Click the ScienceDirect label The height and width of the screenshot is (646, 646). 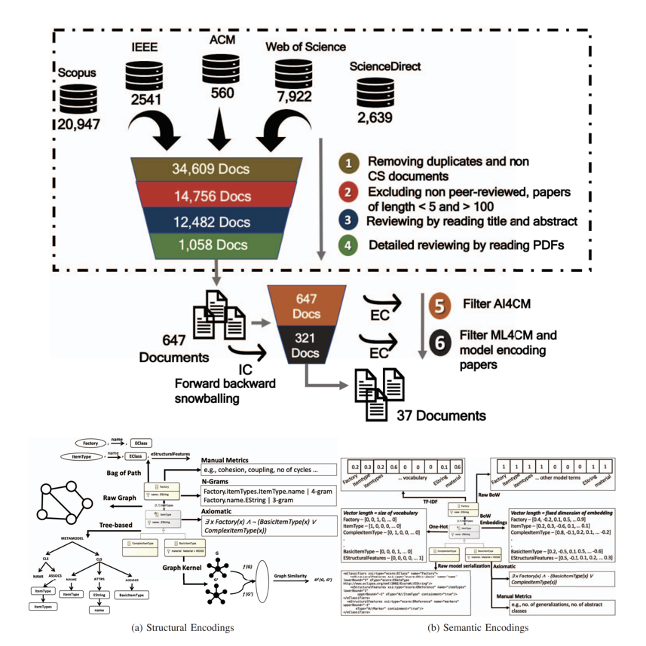click(x=384, y=67)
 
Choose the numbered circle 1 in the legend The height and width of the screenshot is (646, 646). click(x=348, y=163)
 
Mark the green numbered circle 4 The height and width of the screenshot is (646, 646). click(x=348, y=244)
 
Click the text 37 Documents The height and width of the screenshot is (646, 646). click(x=432, y=415)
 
